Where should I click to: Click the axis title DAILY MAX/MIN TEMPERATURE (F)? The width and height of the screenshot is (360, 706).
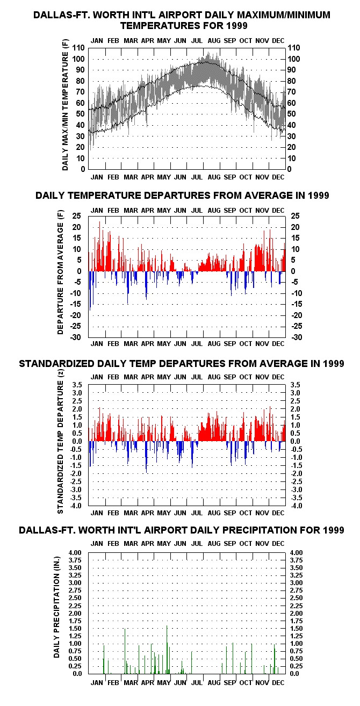[x=65, y=105]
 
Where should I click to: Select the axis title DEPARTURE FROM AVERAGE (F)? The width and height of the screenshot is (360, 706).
[x=60, y=272]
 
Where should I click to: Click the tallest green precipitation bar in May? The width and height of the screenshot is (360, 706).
[x=167, y=650]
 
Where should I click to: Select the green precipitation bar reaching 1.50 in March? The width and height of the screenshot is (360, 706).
[x=125, y=651]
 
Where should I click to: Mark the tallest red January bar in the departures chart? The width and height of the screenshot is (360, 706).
[x=99, y=246]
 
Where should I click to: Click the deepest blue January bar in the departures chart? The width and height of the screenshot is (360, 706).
[x=90, y=291]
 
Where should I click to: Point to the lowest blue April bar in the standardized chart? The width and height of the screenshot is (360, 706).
[x=146, y=457]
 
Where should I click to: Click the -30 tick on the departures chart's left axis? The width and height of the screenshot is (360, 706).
[x=76, y=337]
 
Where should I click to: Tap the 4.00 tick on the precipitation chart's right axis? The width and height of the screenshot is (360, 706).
[x=296, y=552]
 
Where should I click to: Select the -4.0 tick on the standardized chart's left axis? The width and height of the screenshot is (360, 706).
[x=76, y=506]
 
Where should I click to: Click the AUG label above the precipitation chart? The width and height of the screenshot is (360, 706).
[x=214, y=544]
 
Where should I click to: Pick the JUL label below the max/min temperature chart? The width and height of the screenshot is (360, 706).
[x=197, y=177]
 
